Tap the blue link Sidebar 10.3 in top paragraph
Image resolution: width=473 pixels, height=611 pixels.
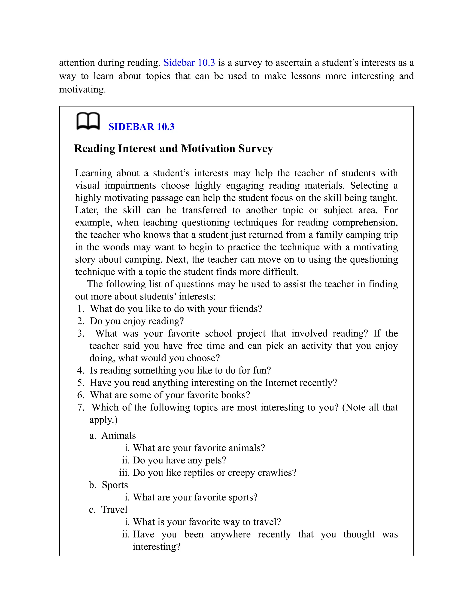coord(189,62)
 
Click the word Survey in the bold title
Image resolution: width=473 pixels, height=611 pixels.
coord(256,148)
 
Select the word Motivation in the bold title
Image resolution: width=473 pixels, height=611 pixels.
coord(208,148)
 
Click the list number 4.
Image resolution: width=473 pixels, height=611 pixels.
coord(80,371)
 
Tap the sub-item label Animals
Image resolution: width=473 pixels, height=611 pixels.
coord(118,436)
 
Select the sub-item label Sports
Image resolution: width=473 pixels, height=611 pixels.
coord(115,485)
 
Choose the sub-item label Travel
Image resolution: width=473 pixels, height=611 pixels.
coord(114,510)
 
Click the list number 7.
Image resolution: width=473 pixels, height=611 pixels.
coord(80,407)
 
